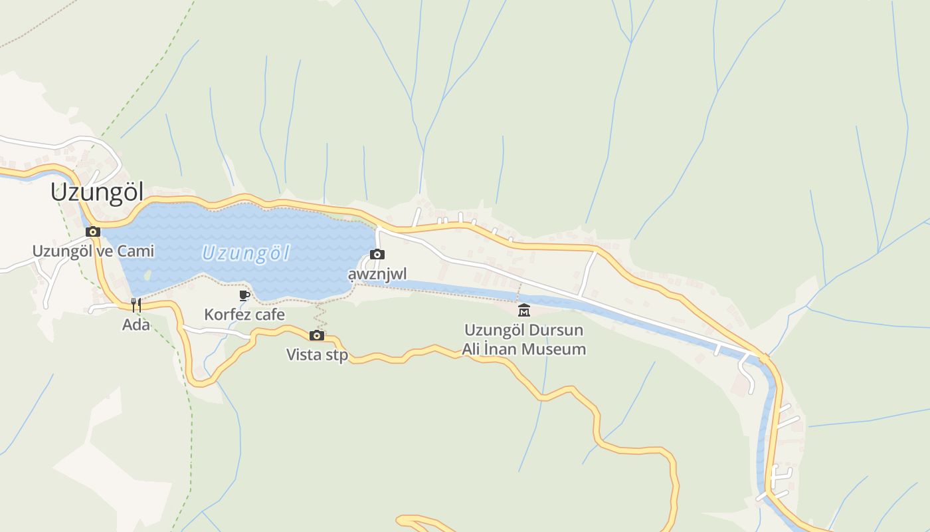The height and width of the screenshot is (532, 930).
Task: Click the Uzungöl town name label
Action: [97, 192]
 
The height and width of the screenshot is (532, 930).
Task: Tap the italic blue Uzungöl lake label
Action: [246, 253]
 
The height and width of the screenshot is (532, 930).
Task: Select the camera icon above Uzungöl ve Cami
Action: [93, 232]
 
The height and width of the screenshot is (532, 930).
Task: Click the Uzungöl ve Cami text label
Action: [93, 251]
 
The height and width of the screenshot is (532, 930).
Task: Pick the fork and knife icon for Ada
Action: [136, 305]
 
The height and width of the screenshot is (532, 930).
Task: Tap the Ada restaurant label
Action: [136, 325]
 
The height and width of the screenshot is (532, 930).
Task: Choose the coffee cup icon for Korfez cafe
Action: [244, 295]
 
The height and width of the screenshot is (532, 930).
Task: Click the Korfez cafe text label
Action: [244, 315]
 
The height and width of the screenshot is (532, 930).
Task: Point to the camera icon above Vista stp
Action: [317, 335]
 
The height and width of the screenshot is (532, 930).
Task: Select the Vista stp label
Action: [317, 355]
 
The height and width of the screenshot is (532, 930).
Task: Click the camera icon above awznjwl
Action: [377, 255]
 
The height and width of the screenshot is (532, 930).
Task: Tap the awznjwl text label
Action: [377, 274]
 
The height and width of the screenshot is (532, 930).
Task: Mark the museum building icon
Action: [524, 311]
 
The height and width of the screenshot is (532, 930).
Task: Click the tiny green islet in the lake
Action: [147, 273]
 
